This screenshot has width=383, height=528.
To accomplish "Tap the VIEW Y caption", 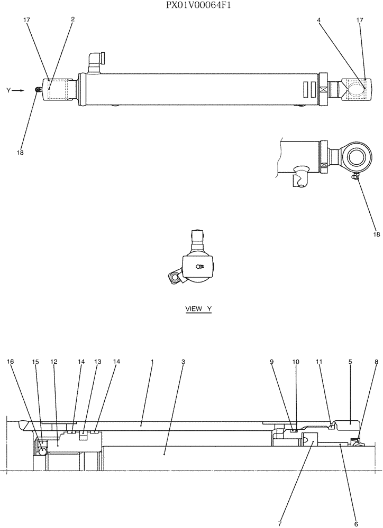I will point(198,309).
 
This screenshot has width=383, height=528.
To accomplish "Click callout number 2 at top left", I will point(72,19).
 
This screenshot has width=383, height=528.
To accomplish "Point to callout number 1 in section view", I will point(152,362).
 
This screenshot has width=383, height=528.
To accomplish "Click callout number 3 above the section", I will point(183,362).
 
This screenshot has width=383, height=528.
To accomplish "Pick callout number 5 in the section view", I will point(350,362).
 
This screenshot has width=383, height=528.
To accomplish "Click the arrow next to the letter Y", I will point(19,91).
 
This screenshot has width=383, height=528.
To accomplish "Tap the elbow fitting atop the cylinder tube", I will point(96,62).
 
